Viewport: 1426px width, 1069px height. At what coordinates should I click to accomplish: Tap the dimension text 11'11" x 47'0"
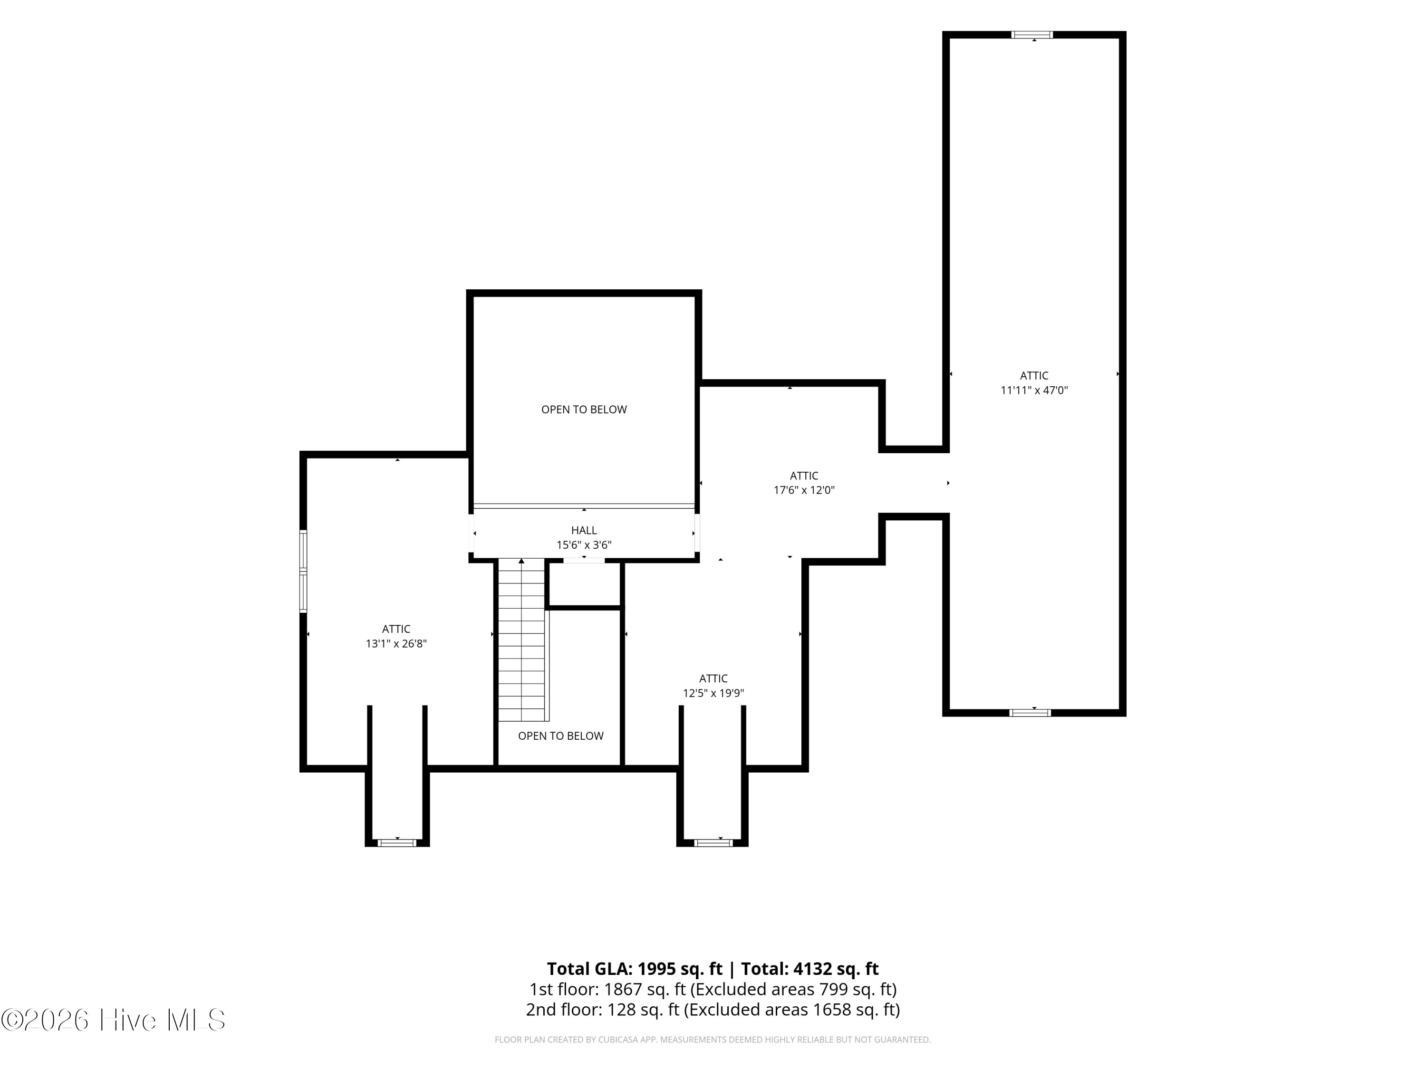tap(1034, 390)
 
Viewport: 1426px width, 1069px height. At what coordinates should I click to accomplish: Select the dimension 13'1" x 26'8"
tap(396, 643)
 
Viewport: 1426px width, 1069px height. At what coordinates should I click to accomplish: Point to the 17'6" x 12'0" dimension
tap(804, 490)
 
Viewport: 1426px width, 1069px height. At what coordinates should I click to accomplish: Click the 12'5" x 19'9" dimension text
tap(713, 693)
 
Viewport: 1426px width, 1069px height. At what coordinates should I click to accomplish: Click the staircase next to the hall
tap(522, 640)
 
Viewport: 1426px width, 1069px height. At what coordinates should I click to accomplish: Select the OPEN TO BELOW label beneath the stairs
tap(560, 736)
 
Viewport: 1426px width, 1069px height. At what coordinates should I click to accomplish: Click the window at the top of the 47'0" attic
tap(1031, 35)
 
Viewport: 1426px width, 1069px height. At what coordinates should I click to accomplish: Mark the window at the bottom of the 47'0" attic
tap(1030, 713)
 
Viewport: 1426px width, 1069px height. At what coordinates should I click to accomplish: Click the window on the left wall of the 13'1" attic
tap(303, 571)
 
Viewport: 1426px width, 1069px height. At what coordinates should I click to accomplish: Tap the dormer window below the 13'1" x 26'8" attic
tap(396, 843)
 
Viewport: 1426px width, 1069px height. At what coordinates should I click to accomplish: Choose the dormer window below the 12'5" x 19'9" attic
tap(713, 843)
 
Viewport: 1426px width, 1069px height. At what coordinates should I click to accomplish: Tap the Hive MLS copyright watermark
tap(114, 1020)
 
